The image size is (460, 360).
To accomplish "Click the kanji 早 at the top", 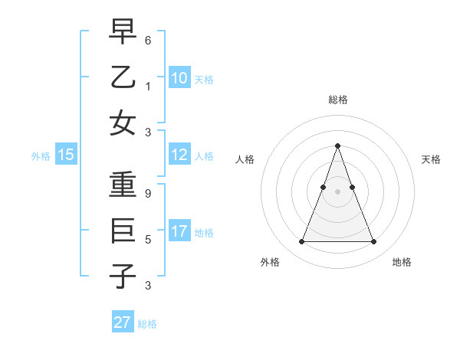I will click(x=123, y=31).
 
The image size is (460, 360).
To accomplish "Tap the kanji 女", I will click(x=123, y=123).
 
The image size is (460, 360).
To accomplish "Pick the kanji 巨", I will click(x=123, y=231).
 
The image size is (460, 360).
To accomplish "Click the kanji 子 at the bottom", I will click(x=123, y=276).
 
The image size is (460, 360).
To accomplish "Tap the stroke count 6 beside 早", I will click(x=148, y=39).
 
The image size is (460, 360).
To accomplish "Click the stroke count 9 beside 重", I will click(x=148, y=193).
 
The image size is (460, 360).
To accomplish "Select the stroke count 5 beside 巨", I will click(x=148, y=239).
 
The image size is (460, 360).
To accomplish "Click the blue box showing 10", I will click(x=179, y=77).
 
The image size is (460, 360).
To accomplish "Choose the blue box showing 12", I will click(x=179, y=155).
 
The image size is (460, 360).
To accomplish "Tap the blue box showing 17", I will click(x=179, y=231).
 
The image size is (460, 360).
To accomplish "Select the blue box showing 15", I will click(x=65, y=155).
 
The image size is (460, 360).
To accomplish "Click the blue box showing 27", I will click(x=122, y=322).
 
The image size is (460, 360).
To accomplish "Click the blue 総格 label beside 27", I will click(x=147, y=324).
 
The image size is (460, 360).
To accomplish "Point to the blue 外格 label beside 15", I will click(x=41, y=156).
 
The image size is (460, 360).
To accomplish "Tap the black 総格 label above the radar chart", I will click(x=337, y=100).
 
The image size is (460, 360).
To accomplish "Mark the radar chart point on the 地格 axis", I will click(x=373, y=242).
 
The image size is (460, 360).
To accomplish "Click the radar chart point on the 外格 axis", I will click(x=301, y=242).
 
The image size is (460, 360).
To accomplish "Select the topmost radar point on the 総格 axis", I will click(x=337, y=146).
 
